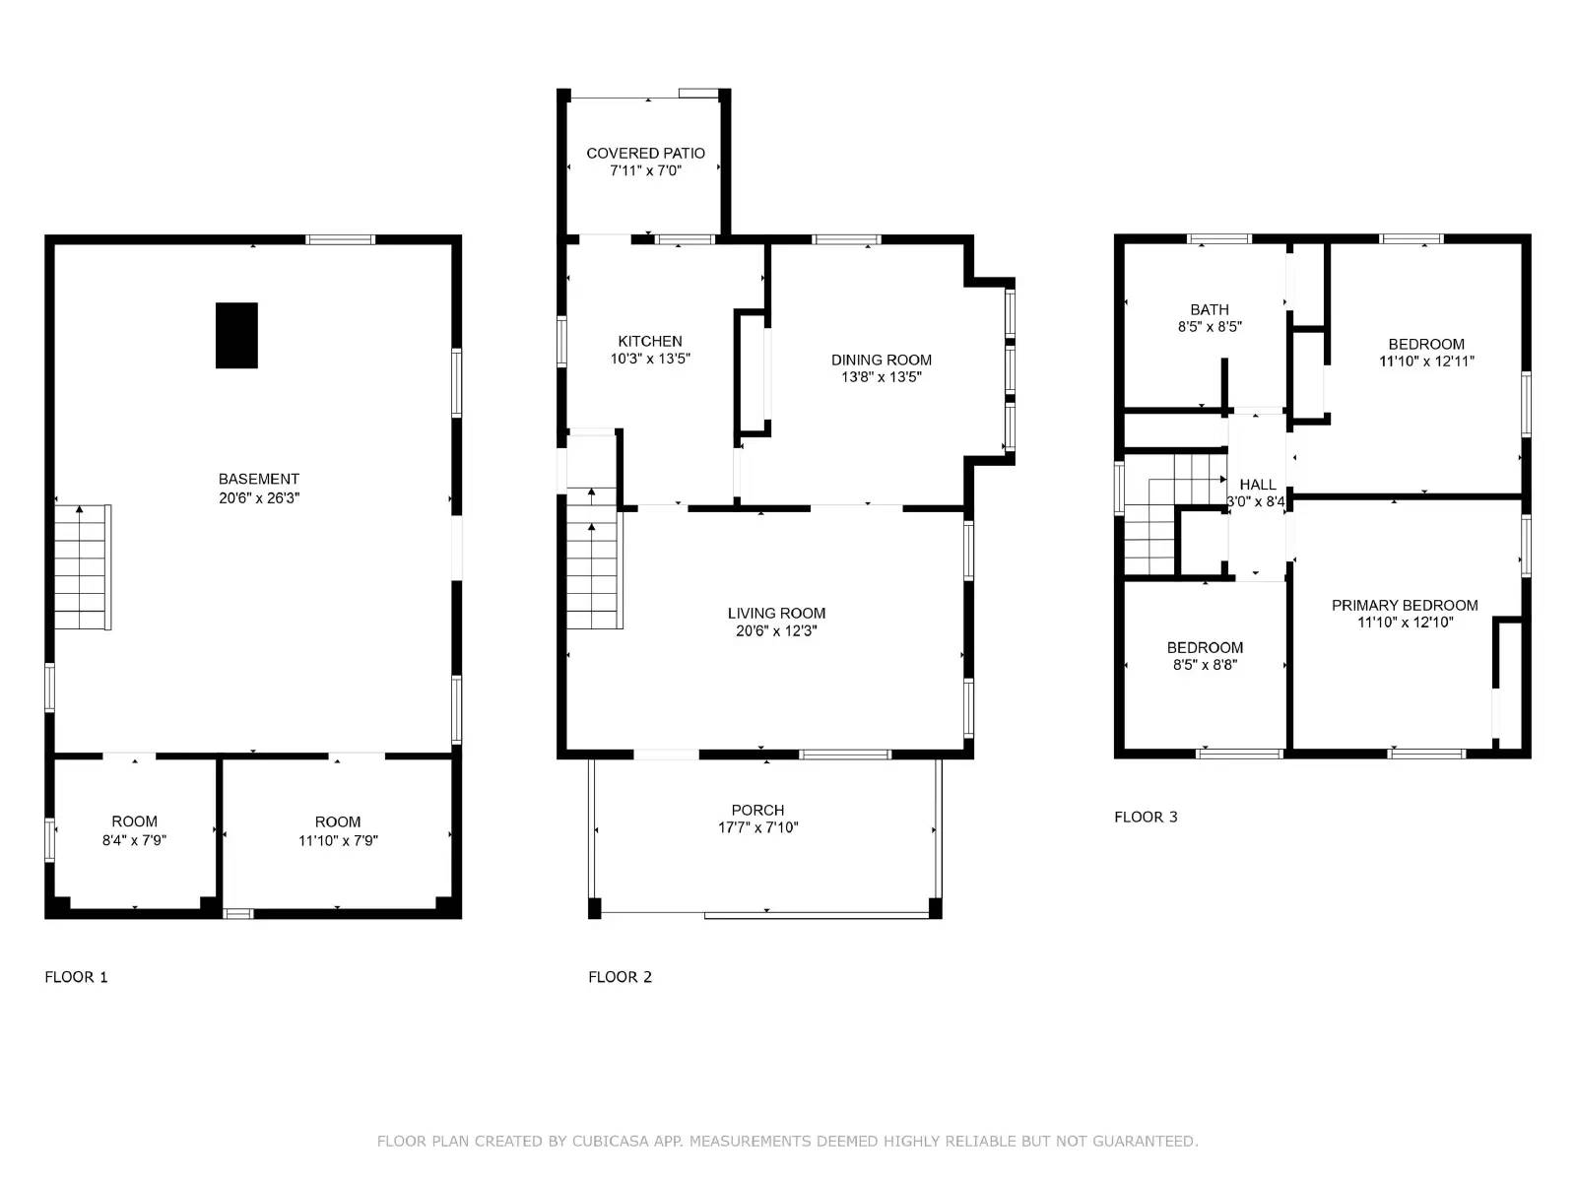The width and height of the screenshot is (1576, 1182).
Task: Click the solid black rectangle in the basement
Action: tap(236, 335)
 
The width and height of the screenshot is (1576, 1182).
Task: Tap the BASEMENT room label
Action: tap(259, 479)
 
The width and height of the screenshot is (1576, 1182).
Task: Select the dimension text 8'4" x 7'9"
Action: tap(134, 840)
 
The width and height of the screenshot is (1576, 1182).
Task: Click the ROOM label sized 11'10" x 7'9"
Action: tap(338, 821)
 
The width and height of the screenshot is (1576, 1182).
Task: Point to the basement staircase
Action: tap(81, 567)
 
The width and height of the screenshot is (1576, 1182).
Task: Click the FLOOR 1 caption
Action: tap(76, 977)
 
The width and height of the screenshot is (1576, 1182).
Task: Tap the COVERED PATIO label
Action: tap(645, 153)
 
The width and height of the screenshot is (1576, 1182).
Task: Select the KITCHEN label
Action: tap(650, 341)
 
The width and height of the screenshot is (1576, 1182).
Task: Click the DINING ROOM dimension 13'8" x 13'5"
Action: tap(881, 377)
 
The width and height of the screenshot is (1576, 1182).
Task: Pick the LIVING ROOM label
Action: tap(776, 613)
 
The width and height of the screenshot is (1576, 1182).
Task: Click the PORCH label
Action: tap(757, 810)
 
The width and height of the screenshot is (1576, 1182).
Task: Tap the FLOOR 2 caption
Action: tap(620, 977)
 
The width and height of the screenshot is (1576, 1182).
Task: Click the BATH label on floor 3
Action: tap(1209, 309)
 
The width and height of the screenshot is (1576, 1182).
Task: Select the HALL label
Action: tap(1257, 485)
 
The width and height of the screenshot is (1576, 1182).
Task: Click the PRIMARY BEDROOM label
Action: tap(1405, 605)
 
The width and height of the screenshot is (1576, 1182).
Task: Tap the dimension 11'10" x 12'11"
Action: tap(1426, 361)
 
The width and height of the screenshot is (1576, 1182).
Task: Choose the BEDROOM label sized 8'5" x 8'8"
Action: tap(1205, 647)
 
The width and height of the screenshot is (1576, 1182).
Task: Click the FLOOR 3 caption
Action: tap(1146, 817)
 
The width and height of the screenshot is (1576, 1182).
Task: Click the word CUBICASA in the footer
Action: tap(626, 1142)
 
